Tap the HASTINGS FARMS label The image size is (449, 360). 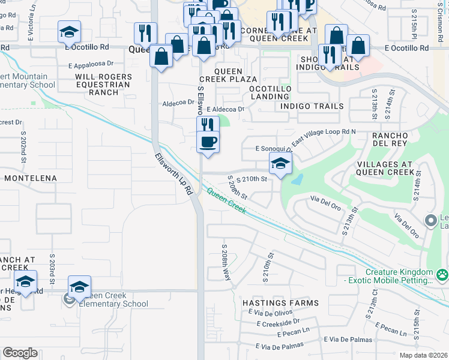pos(280,303)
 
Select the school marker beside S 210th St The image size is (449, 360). pos(280,163)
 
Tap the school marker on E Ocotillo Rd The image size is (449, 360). pos(70,32)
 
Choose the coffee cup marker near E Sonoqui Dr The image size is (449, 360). pos(208,142)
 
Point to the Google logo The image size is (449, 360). pos(20,353)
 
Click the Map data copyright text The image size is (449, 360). pos(423,355)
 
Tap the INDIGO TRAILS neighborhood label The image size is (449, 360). pos(312,106)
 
